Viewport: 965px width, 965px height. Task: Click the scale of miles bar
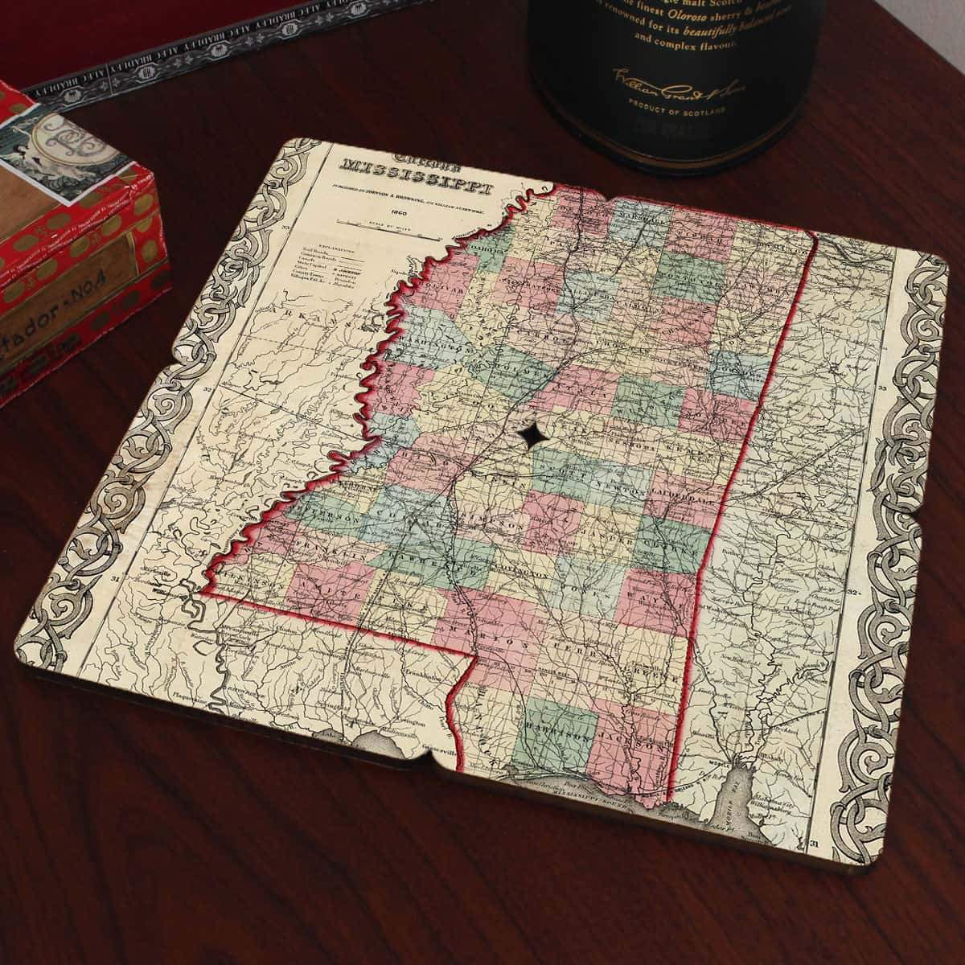(402, 227)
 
